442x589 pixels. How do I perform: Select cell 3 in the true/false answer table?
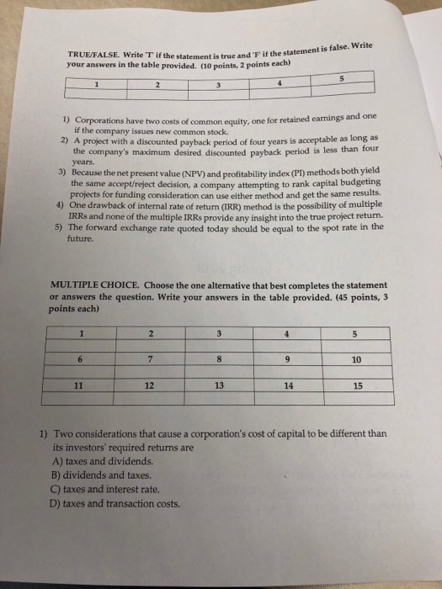218,83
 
